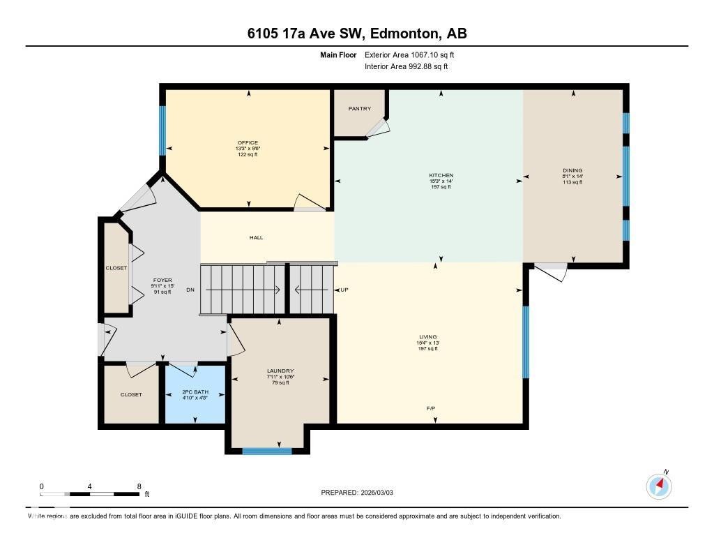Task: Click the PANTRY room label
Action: (x=360, y=109)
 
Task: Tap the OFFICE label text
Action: (x=248, y=142)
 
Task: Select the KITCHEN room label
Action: (x=441, y=175)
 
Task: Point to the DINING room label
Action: (x=572, y=170)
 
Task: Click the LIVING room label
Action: (x=427, y=337)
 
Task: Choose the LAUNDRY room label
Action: (x=280, y=371)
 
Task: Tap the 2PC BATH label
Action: (x=195, y=392)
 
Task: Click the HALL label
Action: (x=256, y=238)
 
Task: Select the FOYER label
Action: (x=162, y=281)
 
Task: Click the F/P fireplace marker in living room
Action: (x=432, y=408)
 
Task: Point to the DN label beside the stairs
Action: (x=190, y=290)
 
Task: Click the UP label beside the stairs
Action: (x=344, y=290)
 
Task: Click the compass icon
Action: (x=659, y=486)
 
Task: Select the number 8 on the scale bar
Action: (x=139, y=486)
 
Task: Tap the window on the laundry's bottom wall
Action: (x=267, y=451)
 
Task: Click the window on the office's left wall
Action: (x=162, y=130)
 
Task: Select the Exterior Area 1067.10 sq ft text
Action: (x=409, y=54)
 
